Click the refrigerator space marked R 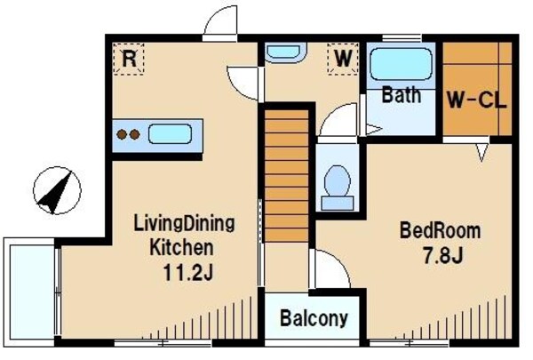(129, 59)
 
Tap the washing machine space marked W (343, 59)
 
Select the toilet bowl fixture (338, 188)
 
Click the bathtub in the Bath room (401, 64)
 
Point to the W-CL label (476, 100)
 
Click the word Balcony (314, 318)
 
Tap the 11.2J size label (187, 272)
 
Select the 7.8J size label (442, 255)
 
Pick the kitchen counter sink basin (170, 133)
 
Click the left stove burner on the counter (122, 134)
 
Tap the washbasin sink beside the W (284, 52)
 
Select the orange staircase (286, 176)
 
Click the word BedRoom (441, 230)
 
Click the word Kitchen (182, 247)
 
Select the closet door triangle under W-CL (481, 152)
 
